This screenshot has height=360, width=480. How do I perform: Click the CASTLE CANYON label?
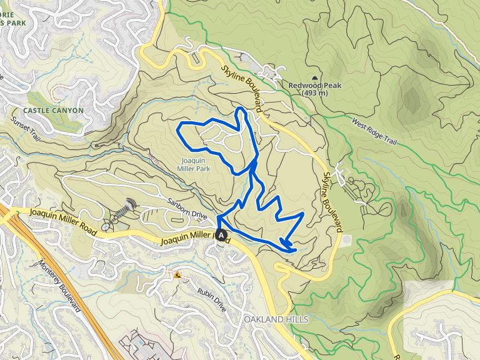[53, 110]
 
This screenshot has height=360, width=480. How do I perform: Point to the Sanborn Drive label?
[187, 207]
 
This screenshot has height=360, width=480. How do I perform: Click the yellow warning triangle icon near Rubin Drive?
[177, 274]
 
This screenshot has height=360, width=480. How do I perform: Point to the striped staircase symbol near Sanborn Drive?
[128, 206]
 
